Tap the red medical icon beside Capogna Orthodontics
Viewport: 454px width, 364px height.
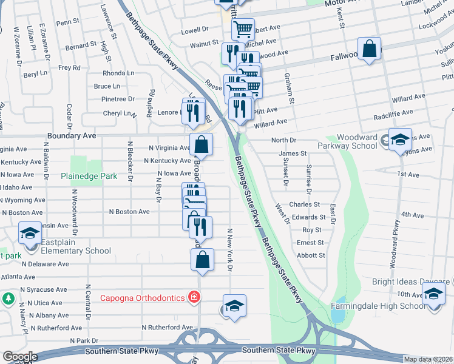tap(193, 297)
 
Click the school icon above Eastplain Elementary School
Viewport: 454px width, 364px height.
tap(29, 232)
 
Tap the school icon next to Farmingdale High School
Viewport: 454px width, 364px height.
tap(433, 295)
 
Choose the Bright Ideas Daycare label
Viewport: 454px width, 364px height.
tap(410, 282)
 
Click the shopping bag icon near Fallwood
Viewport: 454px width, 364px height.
tap(369, 49)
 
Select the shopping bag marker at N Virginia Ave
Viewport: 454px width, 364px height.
tap(201, 144)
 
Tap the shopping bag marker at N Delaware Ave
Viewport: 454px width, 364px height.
tap(203, 259)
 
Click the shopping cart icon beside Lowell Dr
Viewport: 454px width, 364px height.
tap(243, 29)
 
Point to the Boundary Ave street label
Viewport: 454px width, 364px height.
tap(71, 136)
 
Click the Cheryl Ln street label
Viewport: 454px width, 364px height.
tap(118, 113)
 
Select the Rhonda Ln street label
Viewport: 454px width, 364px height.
tap(118, 73)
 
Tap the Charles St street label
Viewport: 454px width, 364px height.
tap(304, 205)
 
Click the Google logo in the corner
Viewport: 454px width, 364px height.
tap(20, 357)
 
